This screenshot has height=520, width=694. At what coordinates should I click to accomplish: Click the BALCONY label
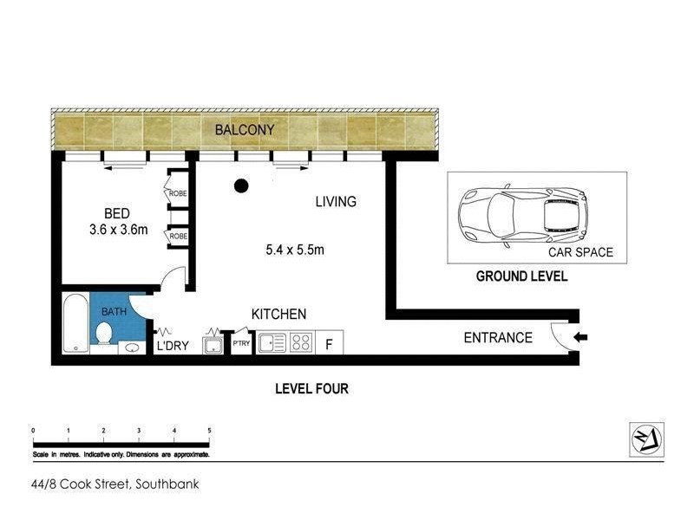click(x=245, y=129)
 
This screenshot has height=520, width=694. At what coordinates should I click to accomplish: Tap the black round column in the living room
click(x=241, y=185)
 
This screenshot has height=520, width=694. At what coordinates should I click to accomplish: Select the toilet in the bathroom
click(x=104, y=333)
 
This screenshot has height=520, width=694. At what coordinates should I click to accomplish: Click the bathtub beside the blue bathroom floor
click(x=75, y=323)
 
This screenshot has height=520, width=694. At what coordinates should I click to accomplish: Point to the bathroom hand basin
click(x=132, y=348)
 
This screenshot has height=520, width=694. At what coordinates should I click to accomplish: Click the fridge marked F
click(x=330, y=342)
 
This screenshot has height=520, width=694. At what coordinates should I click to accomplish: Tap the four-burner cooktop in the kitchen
click(x=301, y=342)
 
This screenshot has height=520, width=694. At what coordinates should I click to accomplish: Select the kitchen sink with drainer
click(x=272, y=342)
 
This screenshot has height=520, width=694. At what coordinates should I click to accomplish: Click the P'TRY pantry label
click(x=241, y=342)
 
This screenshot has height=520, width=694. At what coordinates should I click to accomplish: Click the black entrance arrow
click(x=580, y=337)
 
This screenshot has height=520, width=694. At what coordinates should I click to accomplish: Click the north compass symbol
click(x=646, y=439)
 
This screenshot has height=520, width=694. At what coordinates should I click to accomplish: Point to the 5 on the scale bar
click(x=209, y=430)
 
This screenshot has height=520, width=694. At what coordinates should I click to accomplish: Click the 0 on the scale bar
click(x=33, y=430)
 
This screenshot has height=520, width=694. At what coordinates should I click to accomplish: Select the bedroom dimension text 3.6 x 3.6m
click(x=119, y=230)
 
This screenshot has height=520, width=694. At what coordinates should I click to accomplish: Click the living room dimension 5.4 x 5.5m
click(x=295, y=250)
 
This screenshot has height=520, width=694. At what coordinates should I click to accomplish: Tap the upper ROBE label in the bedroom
click(x=178, y=193)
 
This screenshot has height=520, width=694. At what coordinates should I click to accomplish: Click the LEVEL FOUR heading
click(x=311, y=388)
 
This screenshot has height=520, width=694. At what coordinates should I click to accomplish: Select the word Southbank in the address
click(x=167, y=484)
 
